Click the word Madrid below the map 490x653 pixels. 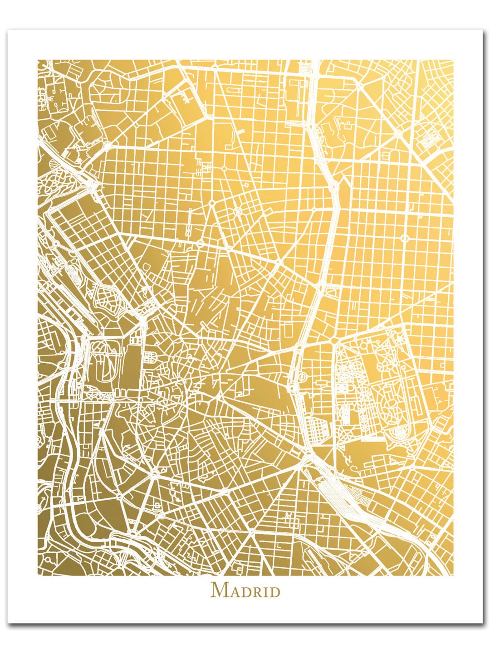click(245, 590)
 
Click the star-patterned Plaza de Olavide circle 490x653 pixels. click(237, 210)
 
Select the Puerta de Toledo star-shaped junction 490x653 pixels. click(154, 474)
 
